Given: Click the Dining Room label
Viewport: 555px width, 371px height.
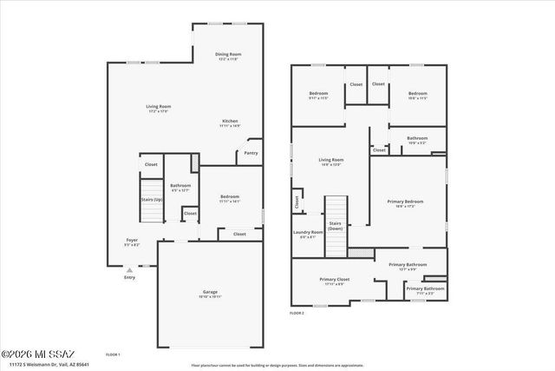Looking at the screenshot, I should [228, 55].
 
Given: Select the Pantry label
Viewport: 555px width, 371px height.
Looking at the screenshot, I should [251, 154].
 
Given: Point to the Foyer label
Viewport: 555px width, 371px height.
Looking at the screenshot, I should [132, 240].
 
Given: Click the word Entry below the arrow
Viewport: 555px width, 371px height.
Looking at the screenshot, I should [129, 278].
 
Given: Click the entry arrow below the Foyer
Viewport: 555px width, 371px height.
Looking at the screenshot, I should [129, 268].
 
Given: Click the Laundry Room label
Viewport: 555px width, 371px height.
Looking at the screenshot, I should [309, 232].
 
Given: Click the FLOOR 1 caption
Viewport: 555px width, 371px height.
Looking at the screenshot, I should [113, 354].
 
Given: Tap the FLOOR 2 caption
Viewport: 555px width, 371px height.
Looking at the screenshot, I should [297, 313].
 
